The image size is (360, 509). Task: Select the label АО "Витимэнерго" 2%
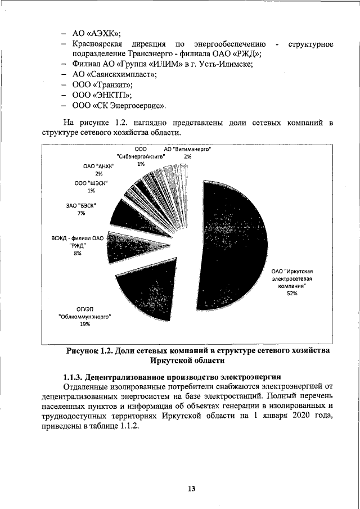coord(187,152)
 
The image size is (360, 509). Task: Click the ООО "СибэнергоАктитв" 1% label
coord(141,156)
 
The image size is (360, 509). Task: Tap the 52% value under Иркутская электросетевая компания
coord(291,293)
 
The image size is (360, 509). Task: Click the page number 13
coord(191,489)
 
